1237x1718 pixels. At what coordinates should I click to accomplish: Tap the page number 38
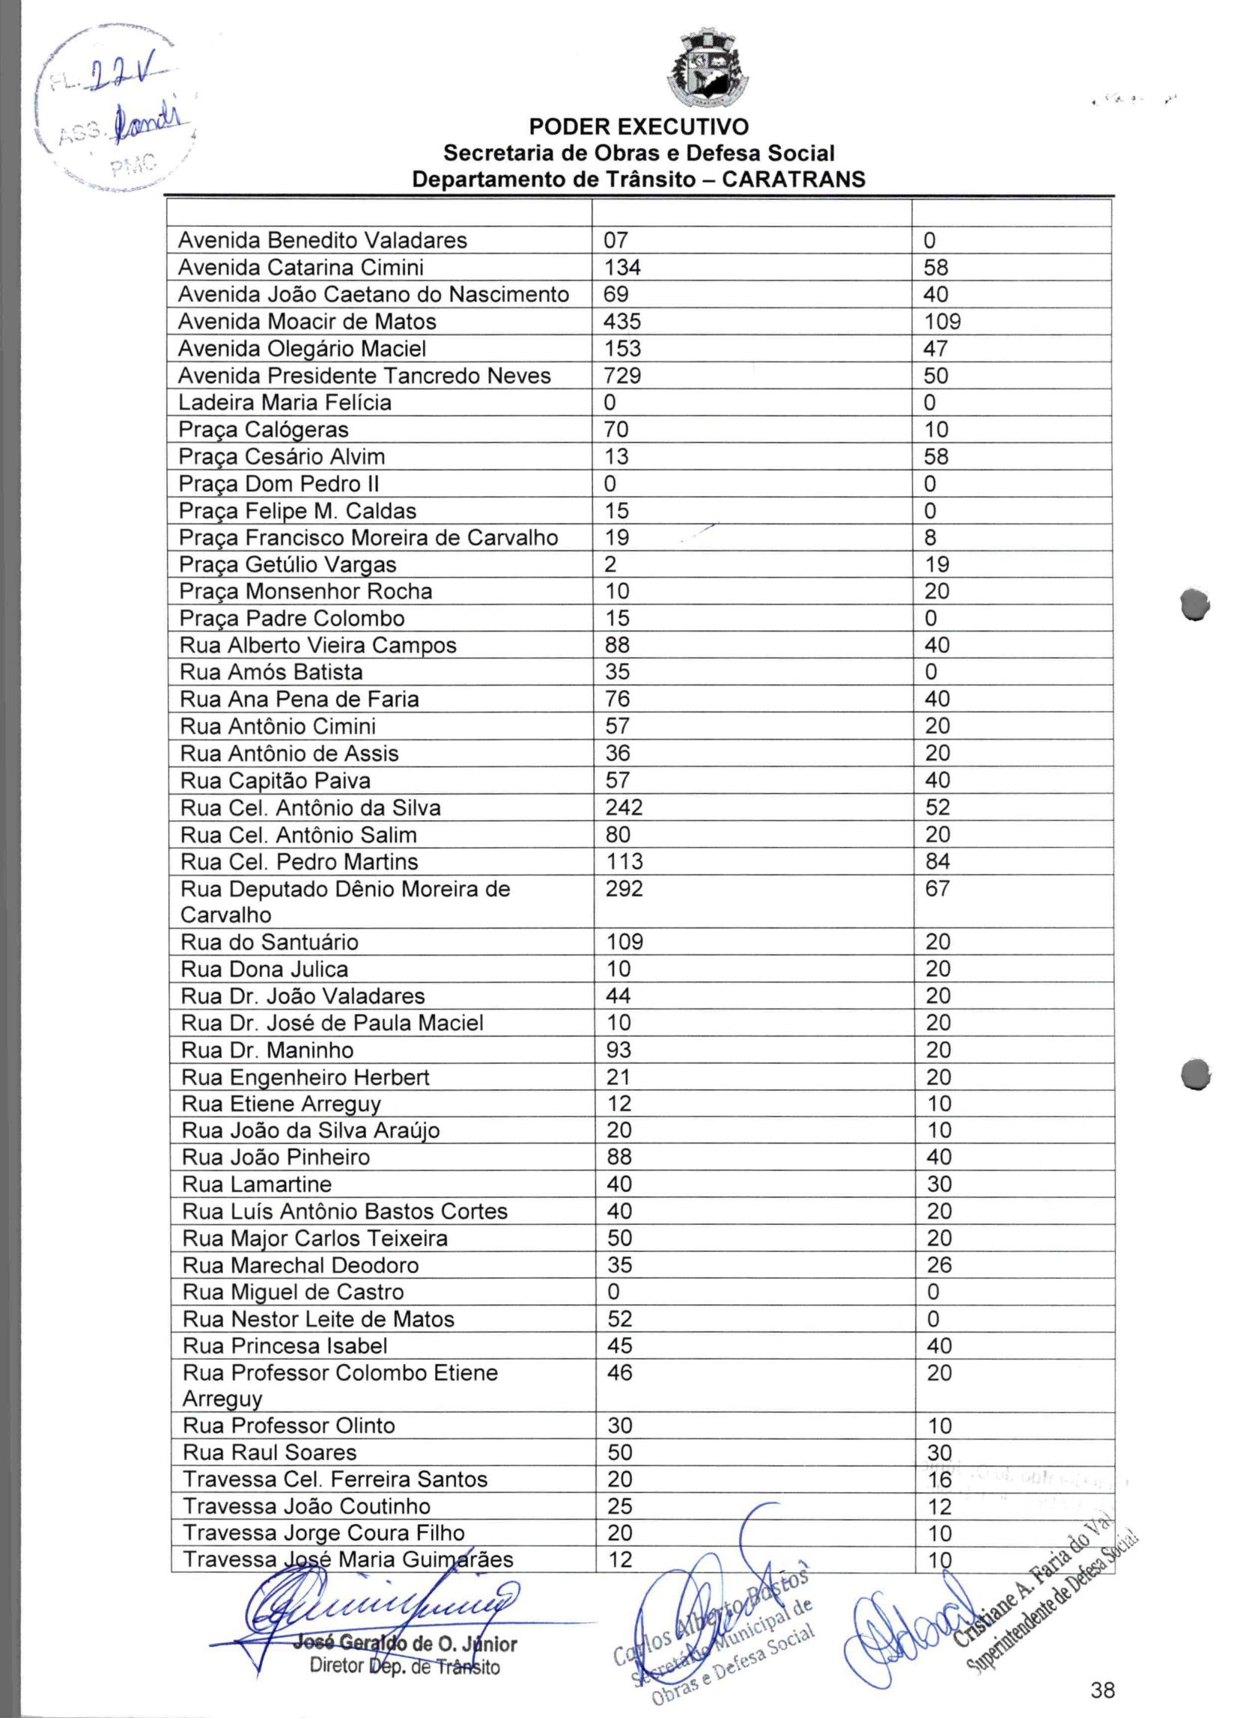coord(1103,1689)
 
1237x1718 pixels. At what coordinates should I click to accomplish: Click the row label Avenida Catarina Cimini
coord(300,267)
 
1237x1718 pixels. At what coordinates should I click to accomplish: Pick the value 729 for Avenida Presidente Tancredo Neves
coord(621,376)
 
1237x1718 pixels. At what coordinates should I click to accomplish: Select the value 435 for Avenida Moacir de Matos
coord(621,322)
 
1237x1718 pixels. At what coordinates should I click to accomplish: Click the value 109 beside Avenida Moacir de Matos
coord(942,322)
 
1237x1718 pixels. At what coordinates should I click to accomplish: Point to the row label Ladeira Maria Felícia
coord(285,403)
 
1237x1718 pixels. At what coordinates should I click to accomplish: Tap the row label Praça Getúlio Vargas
coord(288,564)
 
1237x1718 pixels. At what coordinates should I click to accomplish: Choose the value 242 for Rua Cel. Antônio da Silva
coord(624,807)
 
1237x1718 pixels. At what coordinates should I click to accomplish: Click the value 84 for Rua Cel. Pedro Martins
coord(937,861)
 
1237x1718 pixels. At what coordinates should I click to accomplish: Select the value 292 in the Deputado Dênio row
coord(624,888)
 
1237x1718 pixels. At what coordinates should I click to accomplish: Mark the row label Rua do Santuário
coord(269,942)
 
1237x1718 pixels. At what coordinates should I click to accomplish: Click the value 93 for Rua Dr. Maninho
coord(618,1050)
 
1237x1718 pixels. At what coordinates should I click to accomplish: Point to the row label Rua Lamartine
coord(257,1184)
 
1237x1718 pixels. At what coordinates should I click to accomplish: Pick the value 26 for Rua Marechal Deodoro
coord(938,1265)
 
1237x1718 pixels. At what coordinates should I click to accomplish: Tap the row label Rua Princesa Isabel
coord(285,1346)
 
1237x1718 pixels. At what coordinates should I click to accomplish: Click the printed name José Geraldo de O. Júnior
coord(405,1645)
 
